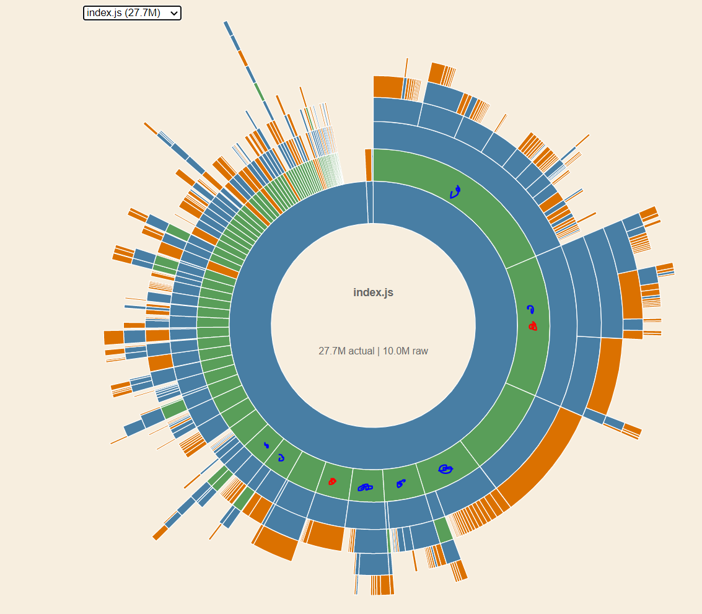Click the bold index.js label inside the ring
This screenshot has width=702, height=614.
click(373, 292)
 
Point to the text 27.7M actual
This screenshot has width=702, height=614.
click(346, 351)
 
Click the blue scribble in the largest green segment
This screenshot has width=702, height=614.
click(455, 192)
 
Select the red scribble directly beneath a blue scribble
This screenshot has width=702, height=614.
click(533, 326)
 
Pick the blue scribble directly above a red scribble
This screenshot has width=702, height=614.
click(530, 309)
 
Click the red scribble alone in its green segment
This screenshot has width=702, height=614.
click(332, 481)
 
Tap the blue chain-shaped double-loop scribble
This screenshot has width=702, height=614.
click(366, 488)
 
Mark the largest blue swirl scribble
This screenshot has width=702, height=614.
click(445, 469)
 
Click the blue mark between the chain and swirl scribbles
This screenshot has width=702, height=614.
click(401, 483)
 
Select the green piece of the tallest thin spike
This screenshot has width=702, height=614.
click(259, 92)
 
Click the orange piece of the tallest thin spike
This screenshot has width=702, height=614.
click(242, 58)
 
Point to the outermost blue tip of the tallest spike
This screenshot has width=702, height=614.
click(227, 27)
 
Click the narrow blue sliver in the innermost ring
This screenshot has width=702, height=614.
click(370, 202)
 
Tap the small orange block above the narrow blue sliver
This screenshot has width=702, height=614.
click(369, 164)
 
